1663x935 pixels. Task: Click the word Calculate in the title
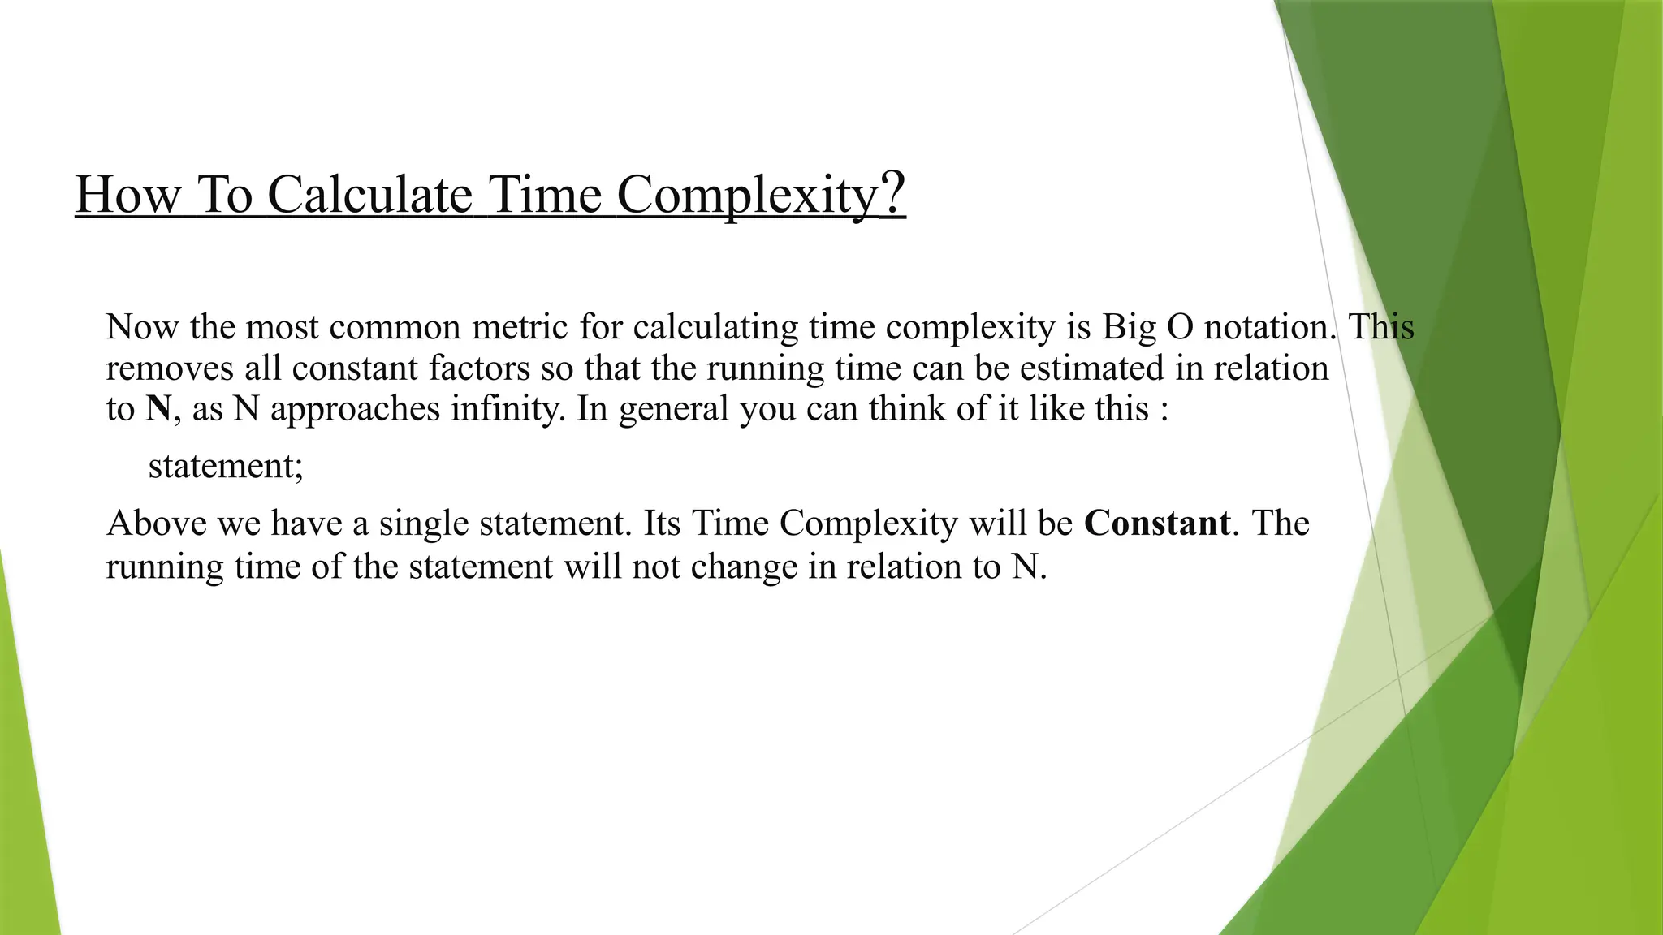click(x=369, y=195)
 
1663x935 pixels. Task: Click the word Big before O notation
click(x=1129, y=327)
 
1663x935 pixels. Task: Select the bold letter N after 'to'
click(x=158, y=408)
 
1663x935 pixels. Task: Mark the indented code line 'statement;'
click(x=226, y=466)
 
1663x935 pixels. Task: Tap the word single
click(x=424, y=524)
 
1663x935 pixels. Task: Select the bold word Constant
click(x=1156, y=524)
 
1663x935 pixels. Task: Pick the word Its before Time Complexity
click(x=661, y=524)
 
